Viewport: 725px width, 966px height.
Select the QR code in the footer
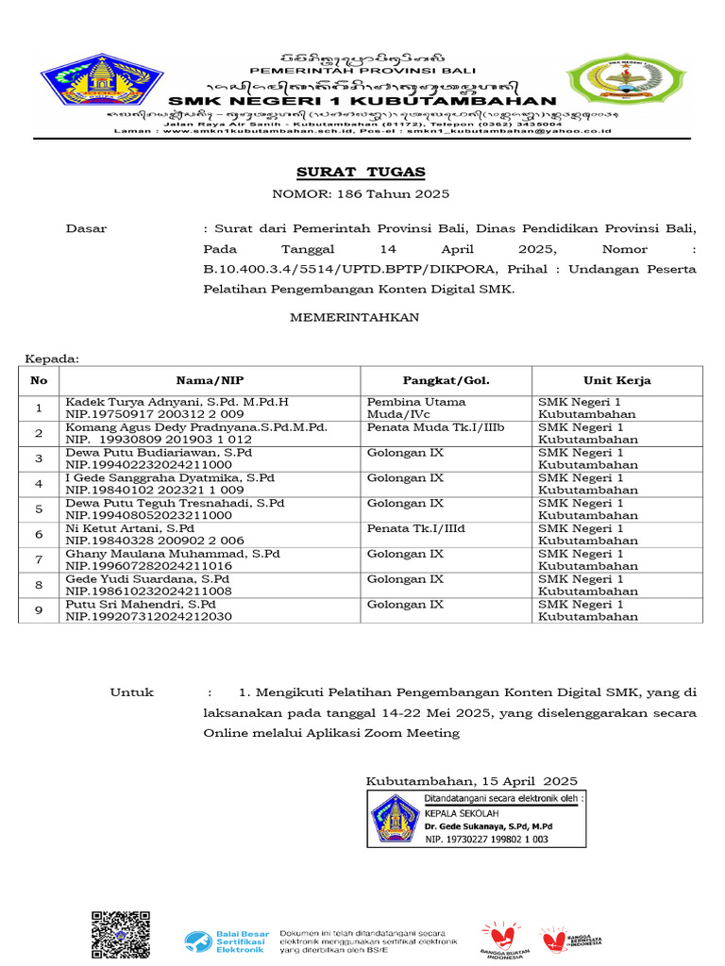120,936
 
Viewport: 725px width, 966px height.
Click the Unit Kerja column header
616,381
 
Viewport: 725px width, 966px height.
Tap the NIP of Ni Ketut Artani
154,541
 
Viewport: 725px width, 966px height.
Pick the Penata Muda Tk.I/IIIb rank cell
435,427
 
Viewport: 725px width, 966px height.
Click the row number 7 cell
39,559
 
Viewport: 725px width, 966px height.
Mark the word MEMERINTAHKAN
354,318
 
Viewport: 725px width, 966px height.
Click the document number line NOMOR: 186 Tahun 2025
361,194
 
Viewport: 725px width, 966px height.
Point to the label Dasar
86,228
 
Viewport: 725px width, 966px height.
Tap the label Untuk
131,692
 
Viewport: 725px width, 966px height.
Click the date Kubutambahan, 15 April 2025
471,780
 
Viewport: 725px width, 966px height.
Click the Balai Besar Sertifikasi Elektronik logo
226,941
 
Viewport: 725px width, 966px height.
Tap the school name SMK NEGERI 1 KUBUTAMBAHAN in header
362,101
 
